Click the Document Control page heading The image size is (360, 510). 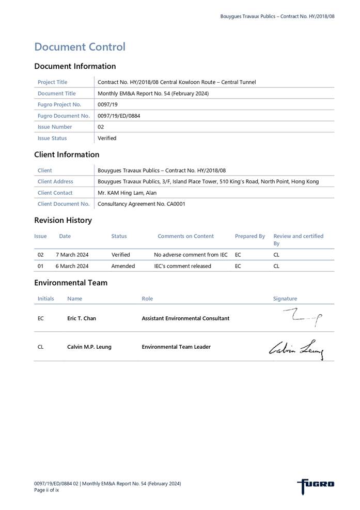80,47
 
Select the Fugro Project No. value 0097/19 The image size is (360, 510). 106,104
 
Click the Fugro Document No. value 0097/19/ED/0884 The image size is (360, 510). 119,116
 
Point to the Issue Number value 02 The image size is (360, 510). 101,127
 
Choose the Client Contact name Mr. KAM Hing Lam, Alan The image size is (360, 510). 127,193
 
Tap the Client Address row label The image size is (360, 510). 55,181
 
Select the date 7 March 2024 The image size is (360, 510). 72,255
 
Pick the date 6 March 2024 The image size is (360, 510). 72,266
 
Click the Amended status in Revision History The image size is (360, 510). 123,266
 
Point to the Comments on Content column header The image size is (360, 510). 185,236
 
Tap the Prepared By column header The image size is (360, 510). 250,236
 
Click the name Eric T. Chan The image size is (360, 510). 82,318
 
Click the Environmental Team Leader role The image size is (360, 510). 176,347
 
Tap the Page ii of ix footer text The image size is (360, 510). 46,490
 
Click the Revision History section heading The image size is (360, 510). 63,220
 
